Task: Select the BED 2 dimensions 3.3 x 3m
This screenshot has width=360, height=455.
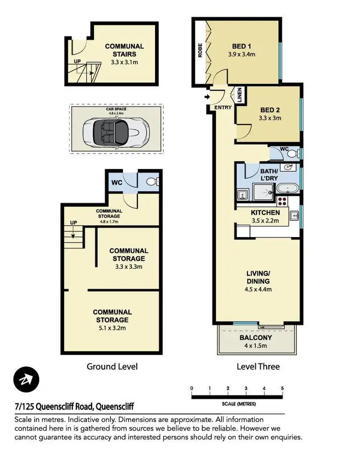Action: (x=270, y=118)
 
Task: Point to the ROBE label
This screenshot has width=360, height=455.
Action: (x=200, y=51)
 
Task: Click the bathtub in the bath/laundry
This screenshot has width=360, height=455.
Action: (x=287, y=189)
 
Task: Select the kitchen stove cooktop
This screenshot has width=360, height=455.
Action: (x=282, y=202)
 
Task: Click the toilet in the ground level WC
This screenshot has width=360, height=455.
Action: (x=150, y=182)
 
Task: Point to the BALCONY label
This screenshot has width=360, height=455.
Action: (x=255, y=337)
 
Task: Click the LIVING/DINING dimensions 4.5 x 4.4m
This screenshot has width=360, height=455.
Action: (x=258, y=289)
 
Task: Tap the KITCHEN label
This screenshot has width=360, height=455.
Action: (x=265, y=212)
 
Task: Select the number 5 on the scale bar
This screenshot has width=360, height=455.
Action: (x=282, y=388)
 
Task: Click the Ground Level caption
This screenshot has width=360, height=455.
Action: (x=112, y=367)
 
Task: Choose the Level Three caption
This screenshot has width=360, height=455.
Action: (x=258, y=367)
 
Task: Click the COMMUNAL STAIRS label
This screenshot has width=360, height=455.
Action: (x=124, y=50)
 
